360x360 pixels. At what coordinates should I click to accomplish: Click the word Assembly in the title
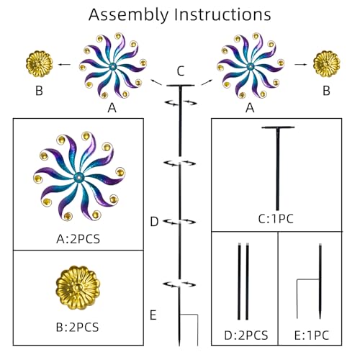[x=129, y=15]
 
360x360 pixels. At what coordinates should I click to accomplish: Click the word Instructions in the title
[x=222, y=14]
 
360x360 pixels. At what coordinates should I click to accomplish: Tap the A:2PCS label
[x=78, y=239]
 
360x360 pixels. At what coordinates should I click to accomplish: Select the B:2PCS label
[x=77, y=327]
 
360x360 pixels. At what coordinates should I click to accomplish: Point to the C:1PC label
[x=276, y=219]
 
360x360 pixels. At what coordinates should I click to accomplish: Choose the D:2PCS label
[x=246, y=336]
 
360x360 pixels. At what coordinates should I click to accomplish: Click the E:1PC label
[x=312, y=336]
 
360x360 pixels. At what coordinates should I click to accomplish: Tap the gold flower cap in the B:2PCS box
[x=78, y=287]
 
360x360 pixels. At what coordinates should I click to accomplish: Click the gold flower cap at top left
[x=40, y=64]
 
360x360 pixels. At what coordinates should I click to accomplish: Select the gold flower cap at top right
[x=326, y=64]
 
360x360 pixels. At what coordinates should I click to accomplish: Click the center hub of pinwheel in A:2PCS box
[x=78, y=178]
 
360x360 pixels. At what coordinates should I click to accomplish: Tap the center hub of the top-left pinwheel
[x=112, y=66]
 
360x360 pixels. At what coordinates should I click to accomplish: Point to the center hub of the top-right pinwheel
[x=251, y=66]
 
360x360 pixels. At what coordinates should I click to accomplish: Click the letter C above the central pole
[x=181, y=71]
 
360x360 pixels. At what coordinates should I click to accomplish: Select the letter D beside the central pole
[x=154, y=222]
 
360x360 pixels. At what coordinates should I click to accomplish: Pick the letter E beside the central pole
[x=153, y=315]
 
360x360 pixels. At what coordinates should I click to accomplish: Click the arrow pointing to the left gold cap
[x=65, y=64]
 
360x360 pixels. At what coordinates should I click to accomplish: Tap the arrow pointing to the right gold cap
[x=301, y=64]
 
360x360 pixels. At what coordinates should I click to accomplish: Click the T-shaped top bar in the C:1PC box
[x=278, y=127]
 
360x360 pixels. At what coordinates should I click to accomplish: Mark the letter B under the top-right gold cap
[x=326, y=91]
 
